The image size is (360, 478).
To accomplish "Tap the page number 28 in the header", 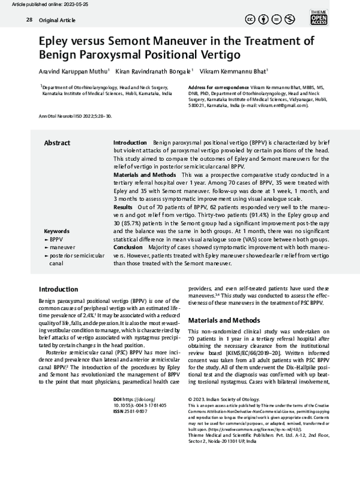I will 29,20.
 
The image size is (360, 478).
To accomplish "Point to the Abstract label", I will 58,143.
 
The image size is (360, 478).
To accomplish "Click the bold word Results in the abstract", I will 123,206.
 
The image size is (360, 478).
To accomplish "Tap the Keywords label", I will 57,231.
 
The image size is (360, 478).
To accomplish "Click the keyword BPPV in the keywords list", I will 56,239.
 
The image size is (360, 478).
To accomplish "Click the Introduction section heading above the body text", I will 58,289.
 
